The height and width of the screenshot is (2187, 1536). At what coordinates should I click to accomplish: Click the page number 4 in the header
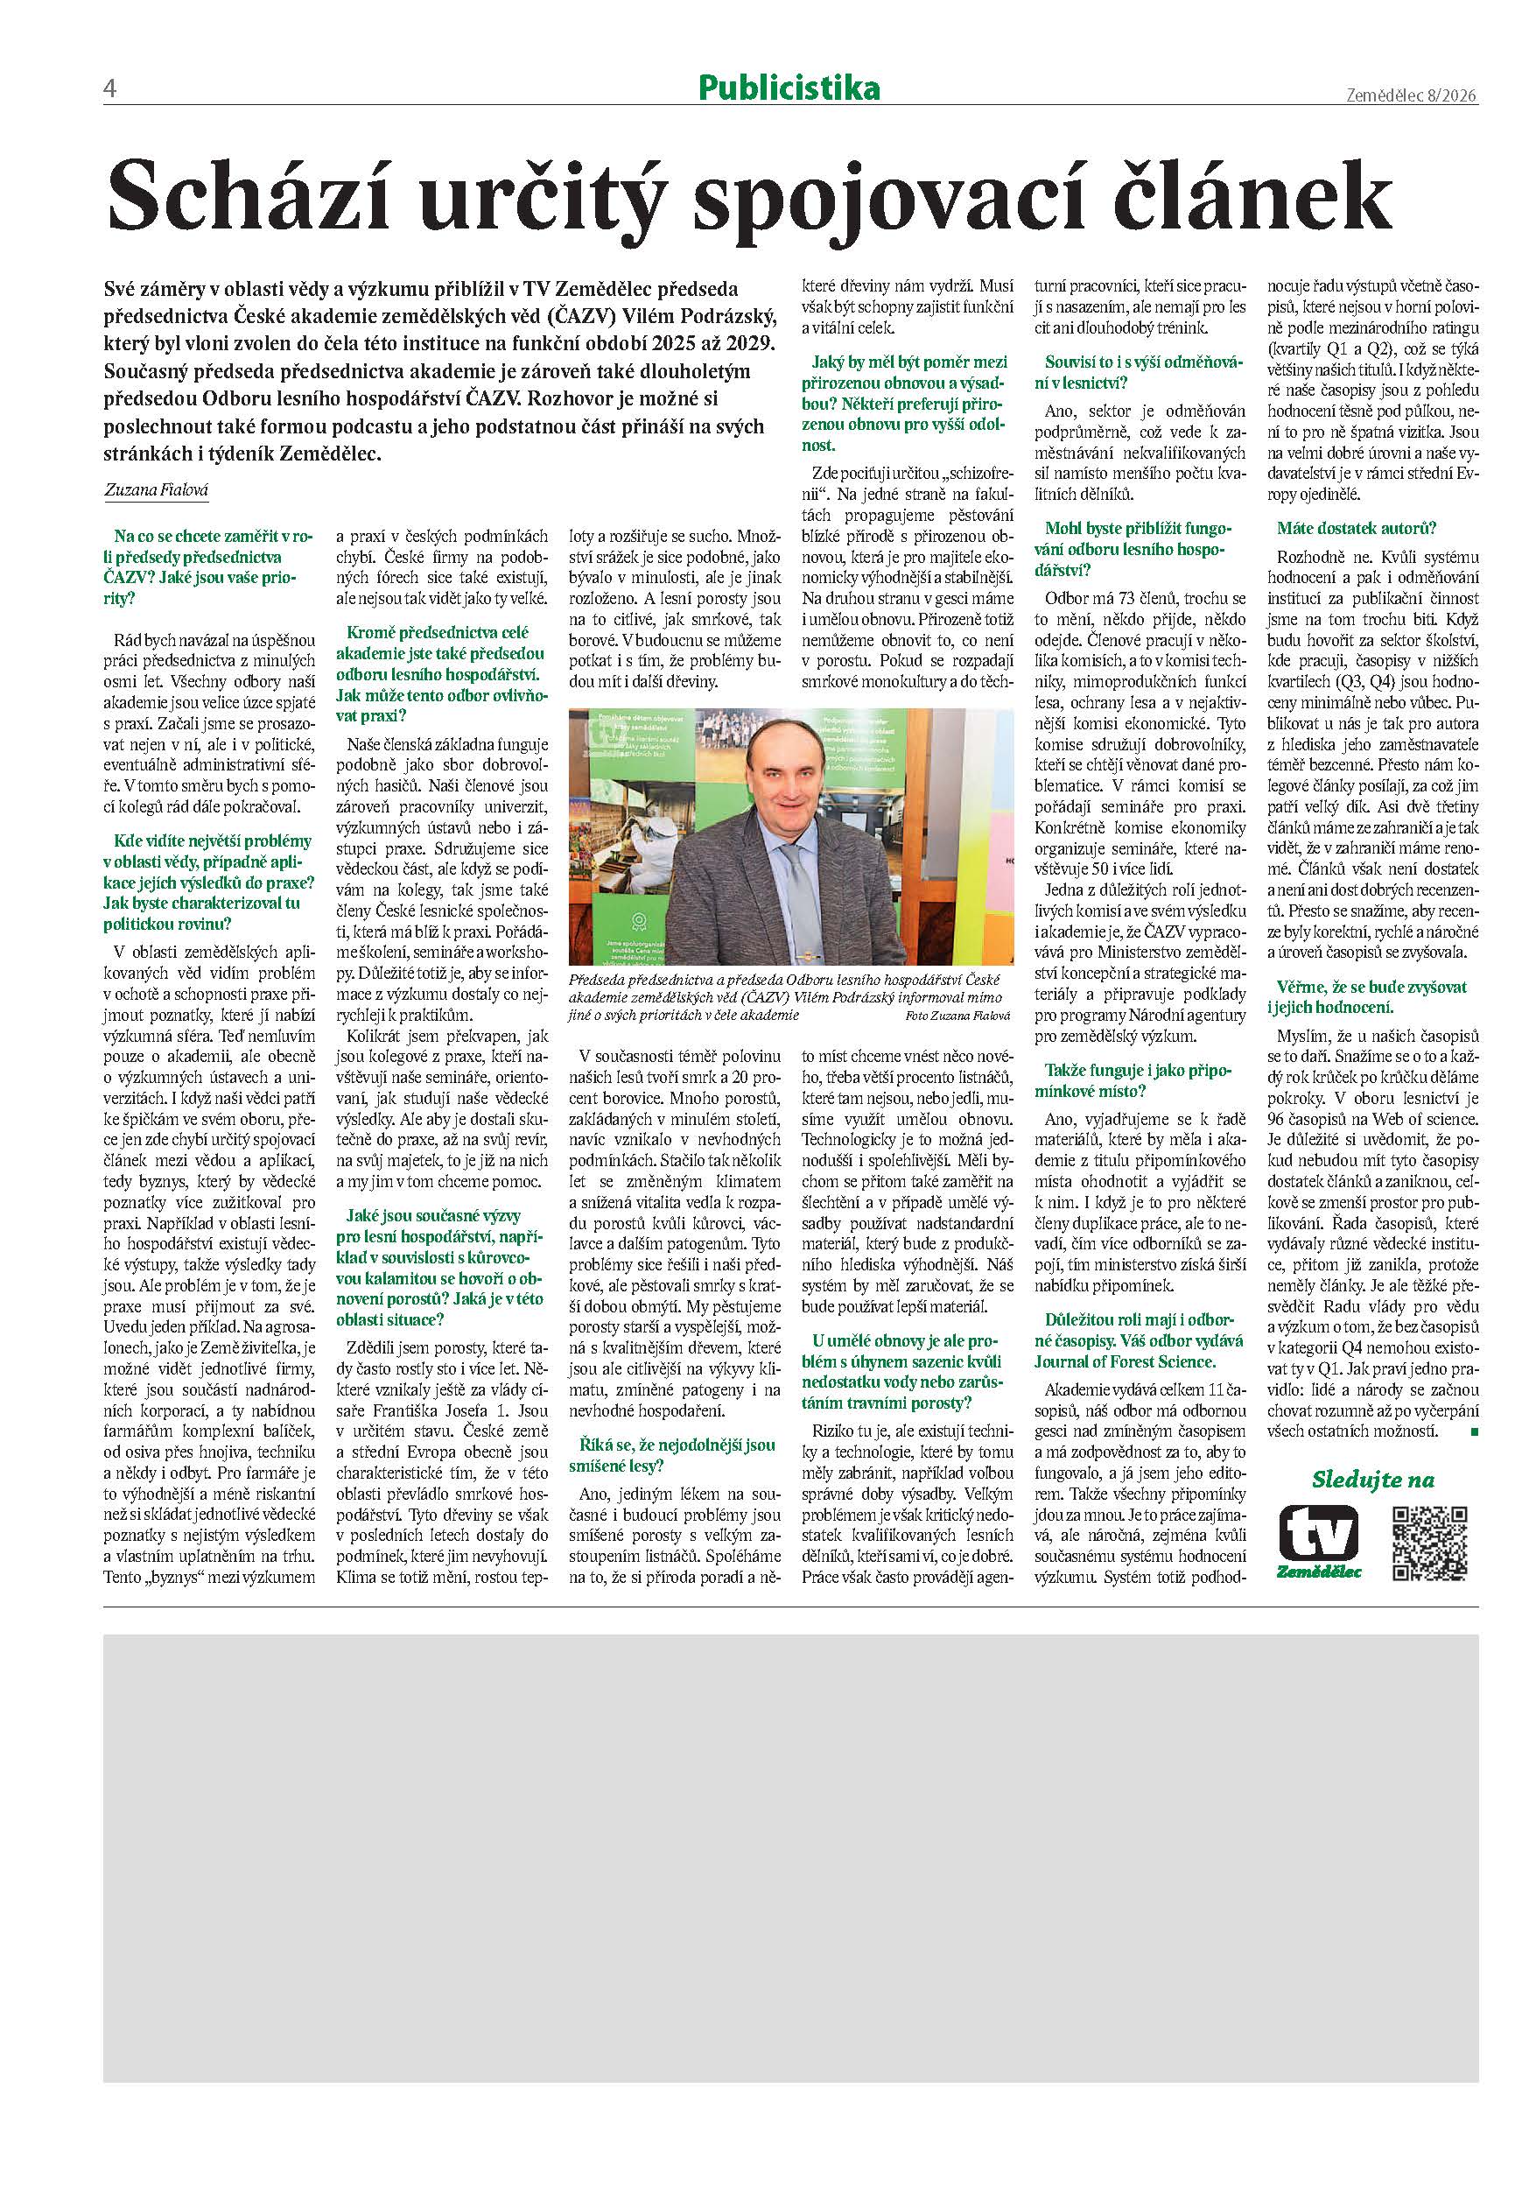pyautogui.click(x=109, y=89)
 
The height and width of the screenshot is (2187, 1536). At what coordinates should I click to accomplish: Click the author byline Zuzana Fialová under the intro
pyautogui.click(x=155, y=490)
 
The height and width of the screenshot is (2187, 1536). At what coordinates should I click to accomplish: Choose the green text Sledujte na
pyautogui.click(x=1372, y=1480)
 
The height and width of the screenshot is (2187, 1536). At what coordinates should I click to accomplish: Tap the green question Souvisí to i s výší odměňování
pyautogui.click(x=1127, y=372)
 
